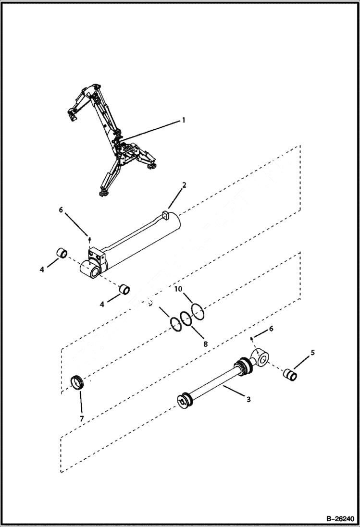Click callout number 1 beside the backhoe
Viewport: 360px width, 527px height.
coord(183,120)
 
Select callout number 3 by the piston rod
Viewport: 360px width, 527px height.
coord(248,399)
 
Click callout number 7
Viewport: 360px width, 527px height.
coord(82,419)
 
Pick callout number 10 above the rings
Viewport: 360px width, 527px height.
coord(178,289)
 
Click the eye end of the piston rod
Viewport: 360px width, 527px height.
coord(262,357)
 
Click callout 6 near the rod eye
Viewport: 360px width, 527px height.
coord(272,329)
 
